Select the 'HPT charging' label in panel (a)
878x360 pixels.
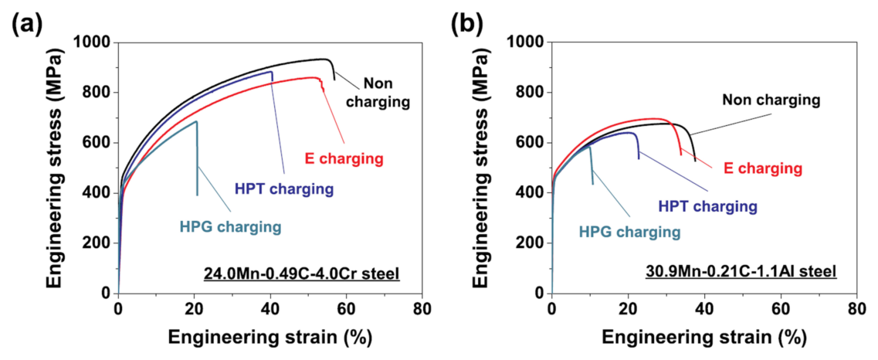[283, 188]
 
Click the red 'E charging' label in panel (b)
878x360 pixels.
[762, 168]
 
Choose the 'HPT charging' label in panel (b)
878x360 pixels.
[707, 206]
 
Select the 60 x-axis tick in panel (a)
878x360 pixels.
[345, 309]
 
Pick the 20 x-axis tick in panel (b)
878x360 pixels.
[627, 309]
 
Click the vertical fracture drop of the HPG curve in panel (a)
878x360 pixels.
[197, 162]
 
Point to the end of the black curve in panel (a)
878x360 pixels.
[334, 79]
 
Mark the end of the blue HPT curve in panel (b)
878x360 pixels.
[639, 158]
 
